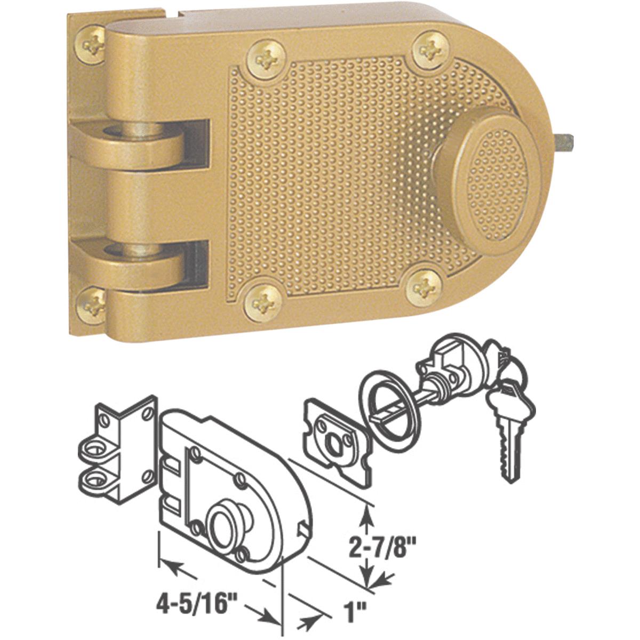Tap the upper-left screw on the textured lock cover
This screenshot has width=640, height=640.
(x=265, y=57)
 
